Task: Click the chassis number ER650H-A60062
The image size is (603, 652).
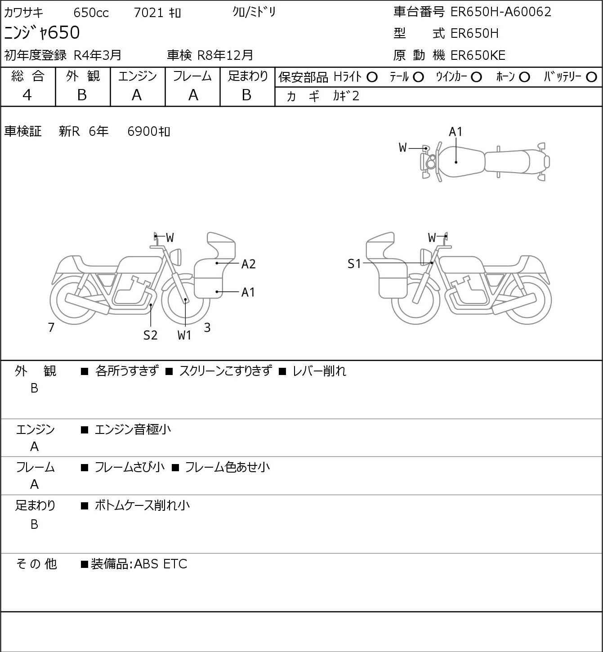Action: (x=500, y=12)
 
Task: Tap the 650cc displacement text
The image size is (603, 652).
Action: (x=91, y=13)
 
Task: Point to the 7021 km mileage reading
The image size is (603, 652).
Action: (x=157, y=13)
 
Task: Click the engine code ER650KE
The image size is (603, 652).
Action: (x=478, y=55)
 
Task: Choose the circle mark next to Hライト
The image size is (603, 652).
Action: (x=372, y=77)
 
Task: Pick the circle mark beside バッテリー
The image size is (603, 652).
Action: (x=591, y=77)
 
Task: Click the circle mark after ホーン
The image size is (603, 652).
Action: (x=524, y=77)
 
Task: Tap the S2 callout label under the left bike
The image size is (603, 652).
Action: (x=151, y=335)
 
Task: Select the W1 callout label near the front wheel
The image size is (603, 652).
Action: (x=184, y=335)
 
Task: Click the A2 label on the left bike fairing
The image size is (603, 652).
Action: (x=248, y=264)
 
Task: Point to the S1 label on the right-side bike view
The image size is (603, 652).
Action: (x=354, y=263)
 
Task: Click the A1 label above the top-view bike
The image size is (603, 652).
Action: (x=456, y=132)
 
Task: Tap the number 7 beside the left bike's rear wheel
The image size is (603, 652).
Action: (x=51, y=327)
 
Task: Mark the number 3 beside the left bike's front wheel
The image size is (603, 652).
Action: (x=207, y=327)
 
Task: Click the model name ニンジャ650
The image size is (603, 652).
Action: (x=42, y=32)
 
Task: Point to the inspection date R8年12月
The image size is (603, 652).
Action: (x=225, y=55)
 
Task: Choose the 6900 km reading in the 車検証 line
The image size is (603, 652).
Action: (x=149, y=131)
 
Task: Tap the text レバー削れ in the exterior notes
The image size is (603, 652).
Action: (x=319, y=371)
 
